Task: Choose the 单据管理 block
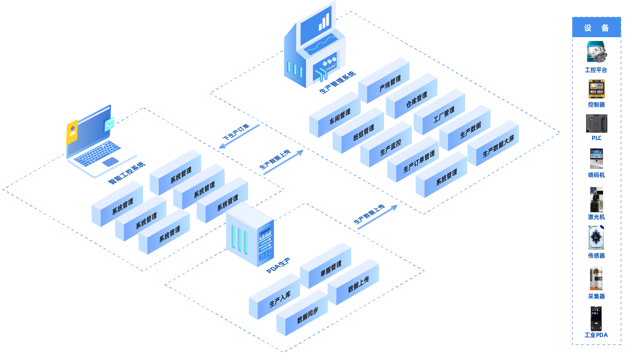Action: pos(330,269)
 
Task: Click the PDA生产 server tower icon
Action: pos(250,235)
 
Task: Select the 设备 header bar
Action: pos(596,28)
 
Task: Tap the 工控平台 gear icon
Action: pos(597,52)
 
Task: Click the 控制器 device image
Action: pos(596,89)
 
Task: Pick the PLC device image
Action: pos(596,123)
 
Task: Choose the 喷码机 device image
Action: pos(596,159)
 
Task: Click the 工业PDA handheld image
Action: pos(596,318)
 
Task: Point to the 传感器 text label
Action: pos(596,256)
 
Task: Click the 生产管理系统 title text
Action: pos(337,82)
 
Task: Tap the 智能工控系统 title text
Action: pos(127,173)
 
